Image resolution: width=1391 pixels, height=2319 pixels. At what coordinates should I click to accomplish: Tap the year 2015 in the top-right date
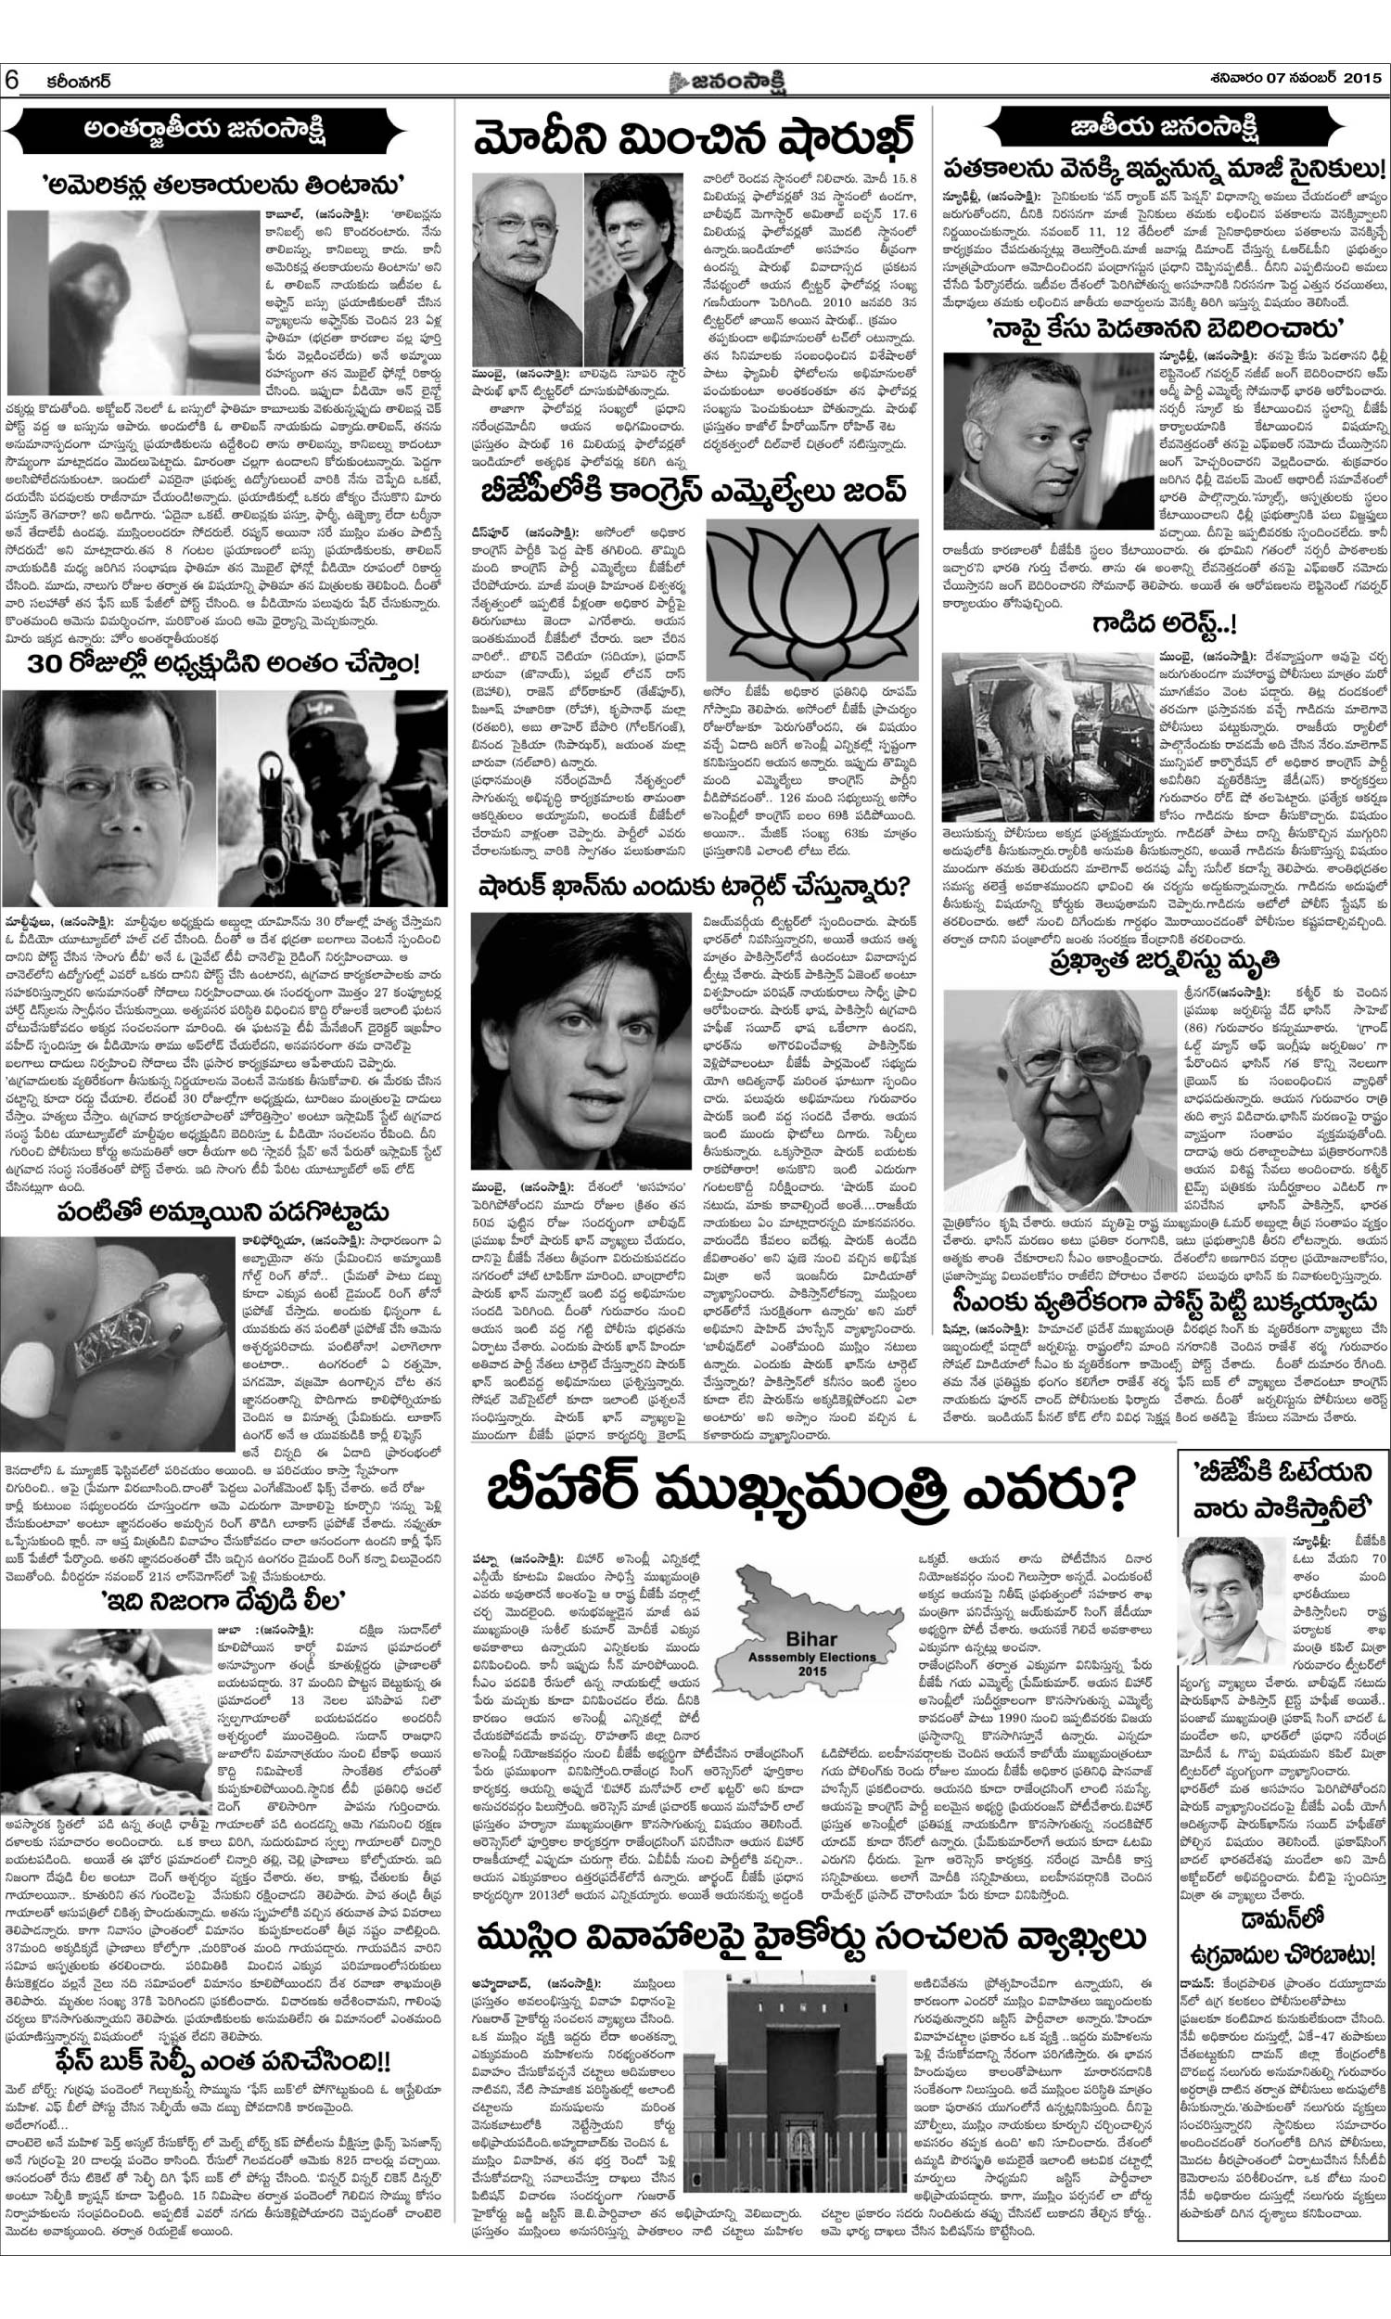tap(1359, 79)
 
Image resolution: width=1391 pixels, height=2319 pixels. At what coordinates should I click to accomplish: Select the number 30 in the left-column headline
tap(48, 666)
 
